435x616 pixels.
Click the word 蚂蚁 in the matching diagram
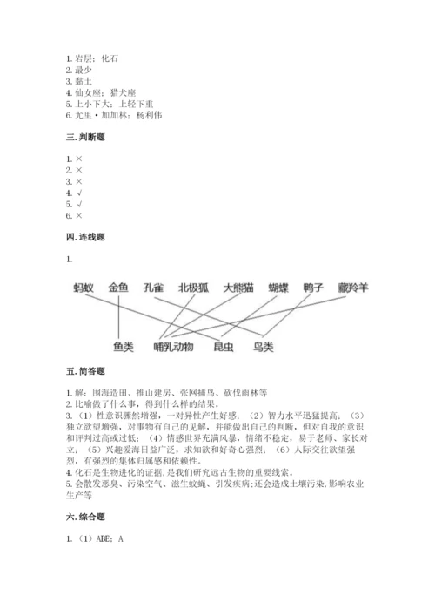[x=83, y=287]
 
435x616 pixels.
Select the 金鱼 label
[x=119, y=287]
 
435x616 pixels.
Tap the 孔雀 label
[x=154, y=287]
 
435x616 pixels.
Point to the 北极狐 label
[x=193, y=287]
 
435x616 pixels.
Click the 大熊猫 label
[x=238, y=287]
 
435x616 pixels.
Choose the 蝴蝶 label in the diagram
[x=278, y=287]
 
